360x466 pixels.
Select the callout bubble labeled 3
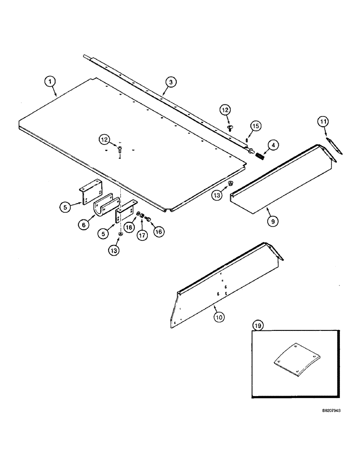(x=171, y=82)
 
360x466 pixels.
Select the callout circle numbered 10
(x=219, y=317)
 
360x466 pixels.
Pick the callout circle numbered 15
(x=255, y=126)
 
